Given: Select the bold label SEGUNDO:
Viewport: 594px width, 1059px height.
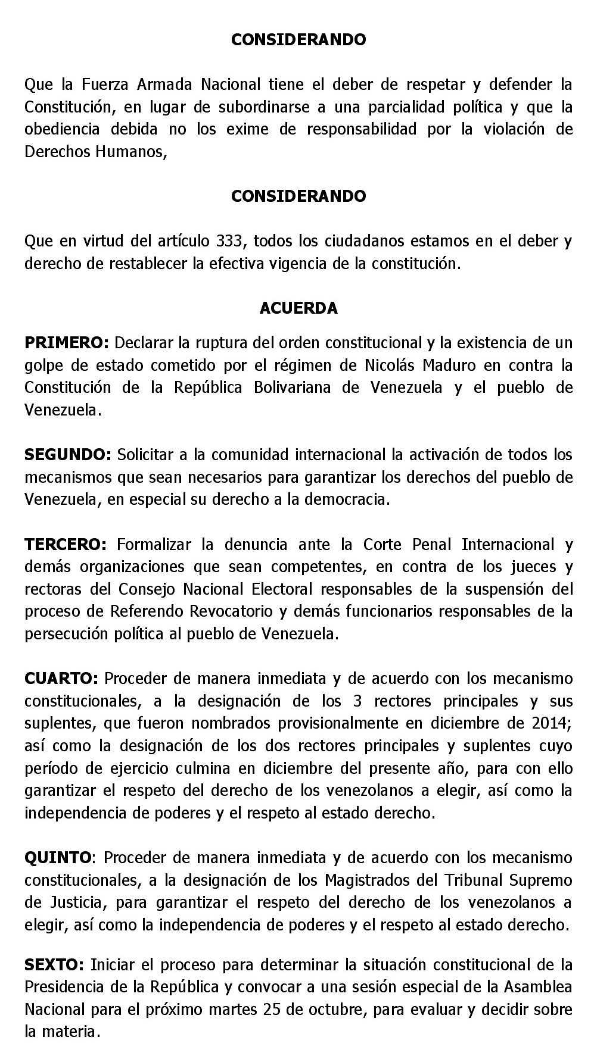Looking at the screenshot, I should (x=68, y=455).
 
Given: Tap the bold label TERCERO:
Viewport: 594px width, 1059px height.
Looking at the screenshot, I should (x=66, y=544).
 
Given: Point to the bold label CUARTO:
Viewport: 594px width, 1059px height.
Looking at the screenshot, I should (x=61, y=679).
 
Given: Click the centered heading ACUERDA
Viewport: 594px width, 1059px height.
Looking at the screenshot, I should (x=298, y=308).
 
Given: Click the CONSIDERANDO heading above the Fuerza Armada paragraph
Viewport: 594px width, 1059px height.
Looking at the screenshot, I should (x=298, y=39).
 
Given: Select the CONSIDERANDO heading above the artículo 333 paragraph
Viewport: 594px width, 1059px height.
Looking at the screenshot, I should (x=298, y=196).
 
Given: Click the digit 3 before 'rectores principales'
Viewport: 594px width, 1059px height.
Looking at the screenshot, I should (x=357, y=701).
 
